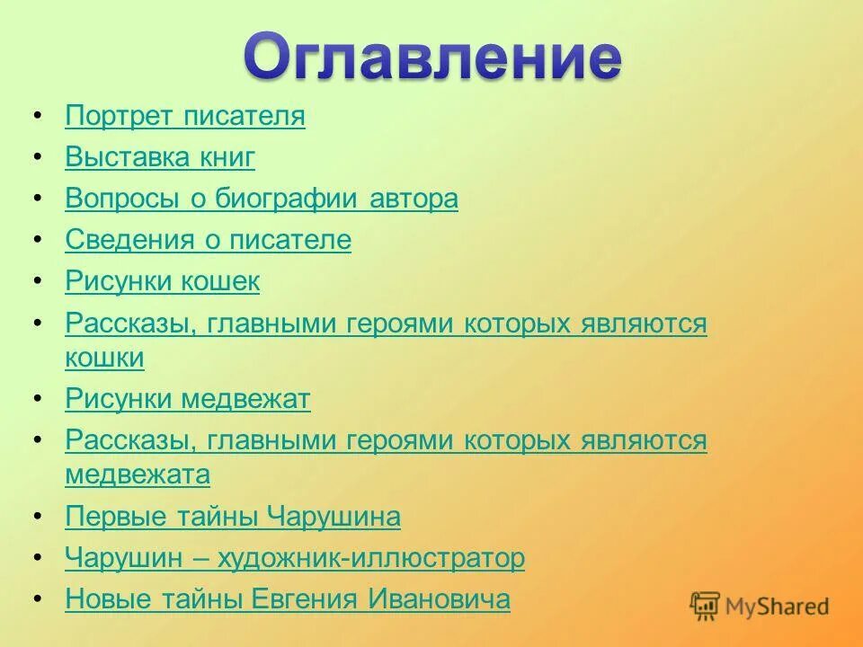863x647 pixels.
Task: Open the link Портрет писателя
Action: pos(185,117)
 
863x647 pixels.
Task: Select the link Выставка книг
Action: pos(160,158)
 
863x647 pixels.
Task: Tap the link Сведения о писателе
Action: pos(208,241)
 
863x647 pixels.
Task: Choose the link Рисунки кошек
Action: pos(163,282)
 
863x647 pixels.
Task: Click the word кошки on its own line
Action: pos(104,358)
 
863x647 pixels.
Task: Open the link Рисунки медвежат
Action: pos(188,399)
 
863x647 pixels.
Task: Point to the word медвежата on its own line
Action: pos(138,474)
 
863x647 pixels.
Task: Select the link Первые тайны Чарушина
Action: pos(233,518)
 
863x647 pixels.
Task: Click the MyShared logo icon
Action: pos(706,607)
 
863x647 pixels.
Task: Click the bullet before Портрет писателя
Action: pos(37,117)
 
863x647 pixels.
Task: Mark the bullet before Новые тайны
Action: pos(37,600)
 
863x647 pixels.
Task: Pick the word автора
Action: pos(414,199)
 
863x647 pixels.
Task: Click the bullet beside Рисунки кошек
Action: pos(37,282)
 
